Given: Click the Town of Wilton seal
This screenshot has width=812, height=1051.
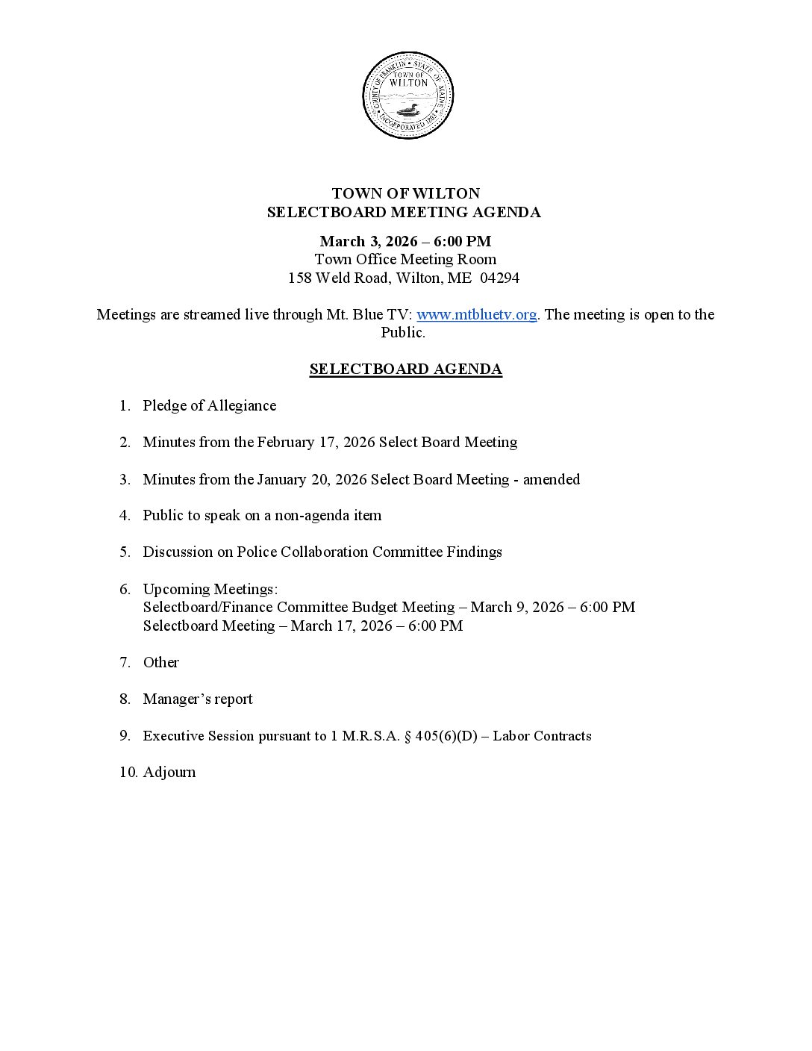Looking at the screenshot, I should click(x=407, y=96).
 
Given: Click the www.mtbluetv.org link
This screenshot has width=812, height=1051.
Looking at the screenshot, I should click(x=476, y=314).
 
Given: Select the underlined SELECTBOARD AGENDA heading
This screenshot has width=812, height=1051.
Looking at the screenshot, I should click(x=405, y=369).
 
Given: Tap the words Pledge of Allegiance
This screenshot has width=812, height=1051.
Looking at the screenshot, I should click(x=209, y=405).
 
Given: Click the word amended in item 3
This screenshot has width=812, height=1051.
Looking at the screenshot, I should click(x=551, y=479).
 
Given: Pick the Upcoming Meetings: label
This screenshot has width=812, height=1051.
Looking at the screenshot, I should click(x=210, y=589).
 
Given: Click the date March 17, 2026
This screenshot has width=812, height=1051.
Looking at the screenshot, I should click(x=341, y=626).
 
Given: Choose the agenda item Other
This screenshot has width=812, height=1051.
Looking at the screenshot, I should click(x=161, y=662).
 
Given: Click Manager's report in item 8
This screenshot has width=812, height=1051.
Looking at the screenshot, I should click(x=198, y=699).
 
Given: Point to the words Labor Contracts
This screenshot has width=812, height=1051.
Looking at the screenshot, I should click(x=542, y=736).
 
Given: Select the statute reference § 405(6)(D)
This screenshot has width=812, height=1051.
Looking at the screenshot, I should click(x=440, y=736).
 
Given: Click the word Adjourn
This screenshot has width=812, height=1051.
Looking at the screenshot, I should click(x=169, y=772).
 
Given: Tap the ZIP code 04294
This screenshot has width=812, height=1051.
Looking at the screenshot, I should click(x=500, y=278).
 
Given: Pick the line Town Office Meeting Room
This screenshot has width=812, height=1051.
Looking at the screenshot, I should click(x=405, y=259).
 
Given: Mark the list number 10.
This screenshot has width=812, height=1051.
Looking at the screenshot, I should click(x=128, y=772).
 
